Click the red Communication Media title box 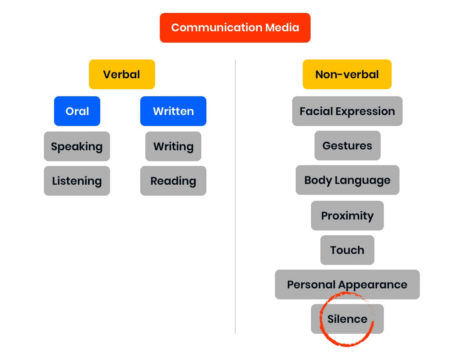(235, 28)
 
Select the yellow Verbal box (122, 74)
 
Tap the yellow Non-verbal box (347, 74)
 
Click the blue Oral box (77, 111)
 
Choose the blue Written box (173, 111)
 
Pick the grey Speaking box (77, 146)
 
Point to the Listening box (77, 181)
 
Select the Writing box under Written (173, 146)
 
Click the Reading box (173, 181)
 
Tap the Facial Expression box (347, 111)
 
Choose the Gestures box (347, 146)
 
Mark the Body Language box (347, 180)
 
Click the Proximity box (347, 216)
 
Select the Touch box (347, 250)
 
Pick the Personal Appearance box (347, 284)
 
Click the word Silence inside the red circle (347, 319)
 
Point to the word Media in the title (282, 28)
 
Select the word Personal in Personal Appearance (311, 284)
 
